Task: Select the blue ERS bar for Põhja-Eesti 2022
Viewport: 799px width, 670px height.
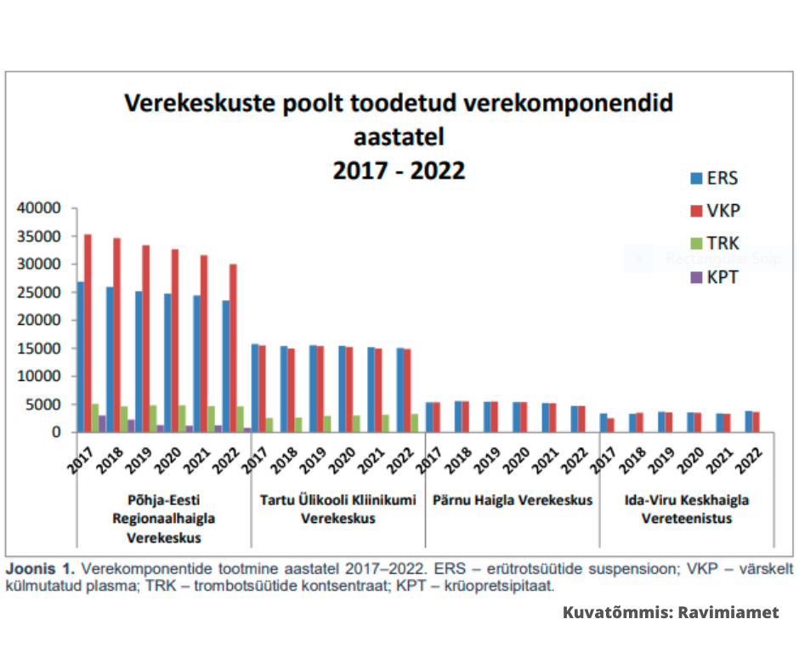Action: (225, 366)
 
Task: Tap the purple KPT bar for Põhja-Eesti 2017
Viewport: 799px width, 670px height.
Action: (102, 423)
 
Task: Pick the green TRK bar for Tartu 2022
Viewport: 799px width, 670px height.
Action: (414, 423)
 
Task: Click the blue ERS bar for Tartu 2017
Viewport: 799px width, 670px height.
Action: (255, 388)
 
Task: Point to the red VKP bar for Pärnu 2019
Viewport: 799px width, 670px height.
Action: (494, 417)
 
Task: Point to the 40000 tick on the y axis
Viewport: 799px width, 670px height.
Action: (38, 208)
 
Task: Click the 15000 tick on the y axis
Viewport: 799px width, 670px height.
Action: (38, 349)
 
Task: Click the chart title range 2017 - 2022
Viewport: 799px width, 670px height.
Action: (399, 170)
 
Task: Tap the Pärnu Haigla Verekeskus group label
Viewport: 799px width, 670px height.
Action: (513, 500)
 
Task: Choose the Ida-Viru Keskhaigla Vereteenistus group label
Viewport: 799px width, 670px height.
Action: (687, 509)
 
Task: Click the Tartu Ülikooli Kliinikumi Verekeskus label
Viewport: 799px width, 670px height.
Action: (337, 509)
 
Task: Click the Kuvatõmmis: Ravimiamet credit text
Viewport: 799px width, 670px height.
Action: (671, 612)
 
